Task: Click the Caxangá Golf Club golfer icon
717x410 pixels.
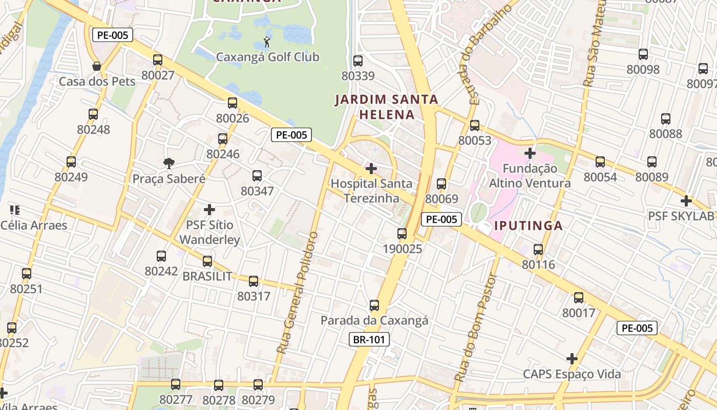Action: click(x=267, y=42)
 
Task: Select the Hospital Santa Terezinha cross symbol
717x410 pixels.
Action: click(x=371, y=168)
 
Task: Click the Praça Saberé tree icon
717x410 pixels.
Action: click(x=168, y=163)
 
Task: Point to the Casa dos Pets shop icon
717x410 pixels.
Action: click(x=96, y=66)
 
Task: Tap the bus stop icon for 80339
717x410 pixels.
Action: click(x=358, y=60)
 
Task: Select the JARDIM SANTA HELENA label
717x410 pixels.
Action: click(x=387, y=107)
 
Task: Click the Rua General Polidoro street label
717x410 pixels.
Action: click(x=298, y=292)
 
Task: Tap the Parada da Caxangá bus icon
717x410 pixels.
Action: click(x=374, y=305)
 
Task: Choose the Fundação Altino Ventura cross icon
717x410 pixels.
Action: click(x=530, y=153)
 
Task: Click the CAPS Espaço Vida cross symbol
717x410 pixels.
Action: click(x=572, y=359)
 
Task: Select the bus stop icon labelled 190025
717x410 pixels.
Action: click(x=402, y=234)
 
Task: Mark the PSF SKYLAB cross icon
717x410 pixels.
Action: click(x=686, y=201)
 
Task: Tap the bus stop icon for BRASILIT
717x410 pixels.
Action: click(x=207, y=261)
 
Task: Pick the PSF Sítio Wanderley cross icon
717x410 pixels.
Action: click(x=209, y=210)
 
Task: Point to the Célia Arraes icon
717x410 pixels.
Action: click(x=14, y=210)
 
